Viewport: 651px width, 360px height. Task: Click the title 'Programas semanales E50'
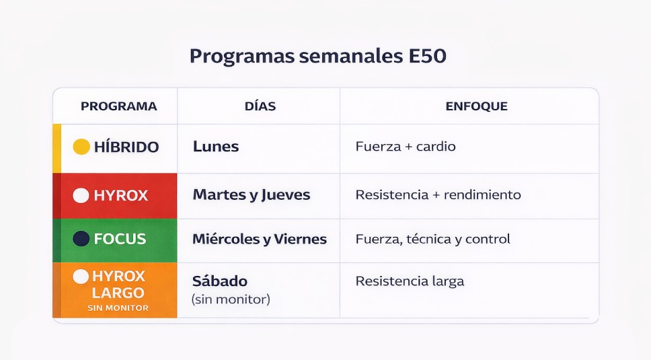click(x=317, y=57)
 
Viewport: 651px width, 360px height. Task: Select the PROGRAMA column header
click(x=118, y=106)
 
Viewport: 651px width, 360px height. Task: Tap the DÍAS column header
click(x=260, y=106)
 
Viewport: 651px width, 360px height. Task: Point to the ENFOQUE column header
click(x=476, y=106)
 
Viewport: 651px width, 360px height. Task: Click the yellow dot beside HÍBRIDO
click(x=81, y=147)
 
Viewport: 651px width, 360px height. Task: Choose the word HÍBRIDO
click(x=126, y=147)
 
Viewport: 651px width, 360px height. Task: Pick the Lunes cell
click(x=216, y=147)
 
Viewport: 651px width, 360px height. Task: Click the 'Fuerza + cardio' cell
click(x=406, y=147)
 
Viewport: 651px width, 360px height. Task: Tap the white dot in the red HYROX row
click(x=81, y=196)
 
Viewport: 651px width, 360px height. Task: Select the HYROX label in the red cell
click(x=120, y=196)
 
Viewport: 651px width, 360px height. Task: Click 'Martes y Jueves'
click(x=252, y=195)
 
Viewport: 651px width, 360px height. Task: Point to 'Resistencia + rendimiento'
click(x=438, y=195)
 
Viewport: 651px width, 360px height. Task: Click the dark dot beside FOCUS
click(x=81, y=239)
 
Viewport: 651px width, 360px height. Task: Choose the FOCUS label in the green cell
click(x=120, y=239)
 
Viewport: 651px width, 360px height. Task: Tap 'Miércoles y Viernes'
click(x=260, y=239)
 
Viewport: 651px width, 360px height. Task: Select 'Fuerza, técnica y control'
click(x=432, y=239)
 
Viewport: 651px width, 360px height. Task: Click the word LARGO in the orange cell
click(x=118, y=293)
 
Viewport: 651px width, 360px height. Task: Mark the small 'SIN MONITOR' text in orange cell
click(x=118, y=308)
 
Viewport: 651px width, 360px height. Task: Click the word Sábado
click(x=220, y=281)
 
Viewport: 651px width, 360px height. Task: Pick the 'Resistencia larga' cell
click(x=410, y=281)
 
